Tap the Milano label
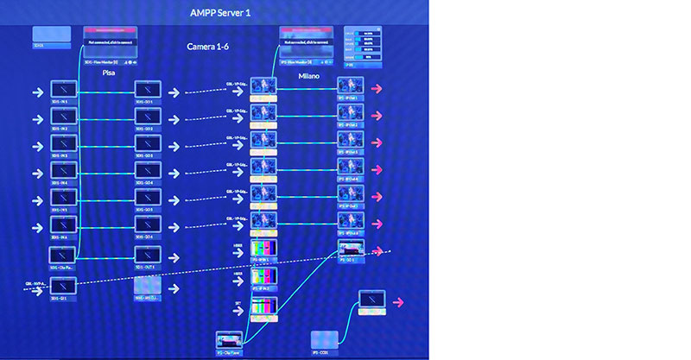coord(308,76)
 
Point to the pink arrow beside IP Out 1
coord(378,89)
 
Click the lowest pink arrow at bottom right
coord(399,303)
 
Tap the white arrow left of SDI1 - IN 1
coord(37,90)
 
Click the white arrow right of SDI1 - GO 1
coord(174,92)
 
